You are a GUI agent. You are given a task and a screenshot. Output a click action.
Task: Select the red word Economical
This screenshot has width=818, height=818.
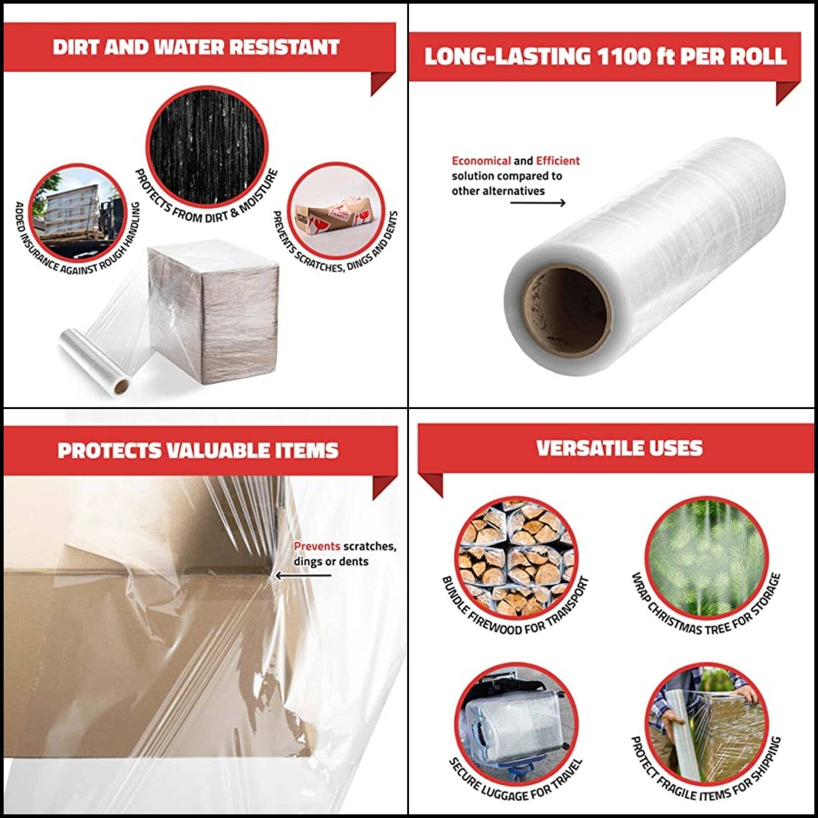481,161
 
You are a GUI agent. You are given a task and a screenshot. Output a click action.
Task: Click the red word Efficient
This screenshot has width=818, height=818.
558,161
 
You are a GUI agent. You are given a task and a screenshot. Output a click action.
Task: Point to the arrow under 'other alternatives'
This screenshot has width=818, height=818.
537,203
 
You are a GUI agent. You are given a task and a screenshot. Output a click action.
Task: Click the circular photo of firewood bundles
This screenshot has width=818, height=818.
515,557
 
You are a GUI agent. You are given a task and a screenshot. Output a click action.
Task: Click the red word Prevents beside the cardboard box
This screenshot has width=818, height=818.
316,546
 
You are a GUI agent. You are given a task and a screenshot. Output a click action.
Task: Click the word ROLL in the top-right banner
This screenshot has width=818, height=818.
758,56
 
